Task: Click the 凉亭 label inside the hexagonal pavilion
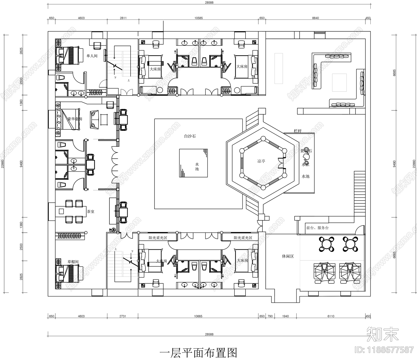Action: pyautogui.click(x=261, y=161)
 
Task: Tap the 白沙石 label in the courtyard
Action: pyautogui.click(x=190, y=136)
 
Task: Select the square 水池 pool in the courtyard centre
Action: pyautogui.click(x=193, y=163)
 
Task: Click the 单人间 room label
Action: pyautogui.click(x=92, y=56)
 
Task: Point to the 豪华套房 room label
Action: pyautogui.click(x=75, y=119)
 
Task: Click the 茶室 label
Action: pyautogui.click(x=90, y=212)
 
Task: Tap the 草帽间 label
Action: pyautogui.click(x=73, y=262)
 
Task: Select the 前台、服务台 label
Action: pyautogui.click(x=317, y=228)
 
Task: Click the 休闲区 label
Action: pyautogui.click(x=288, y=256)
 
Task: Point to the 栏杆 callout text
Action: pyautogui.click(x=297, y=131)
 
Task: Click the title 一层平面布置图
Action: pyautogui.click(x=198, y=353)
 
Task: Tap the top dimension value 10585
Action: pyautogui.click(x=198, y=18)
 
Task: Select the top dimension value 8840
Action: pyautogui.click(x=315, y=18)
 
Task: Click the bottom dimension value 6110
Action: pyautogui.click(x=331, y=316)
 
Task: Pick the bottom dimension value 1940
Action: pyautogui.click(x=285, y=316)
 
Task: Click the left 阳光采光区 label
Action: pyautogui.click(x=158, y=238)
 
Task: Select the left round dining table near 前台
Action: pyautogui.click(x=326, y=244)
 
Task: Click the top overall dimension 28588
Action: pyautogui.click(x=209, y=3)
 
